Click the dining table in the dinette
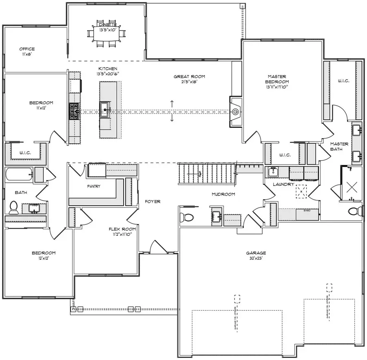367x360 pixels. pyautogui.click(x=106, y=35)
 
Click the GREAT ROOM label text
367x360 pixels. pyautogui.click(x=189, y=77)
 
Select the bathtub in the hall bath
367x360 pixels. pyautogui.click(x=19, y=176)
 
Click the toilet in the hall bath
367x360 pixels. pyautogui.click(x=13, y=207)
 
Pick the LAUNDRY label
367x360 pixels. pyautogui.click(x=283, y=184)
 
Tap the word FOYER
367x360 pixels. pyautogui.click(x=153, y=202)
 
